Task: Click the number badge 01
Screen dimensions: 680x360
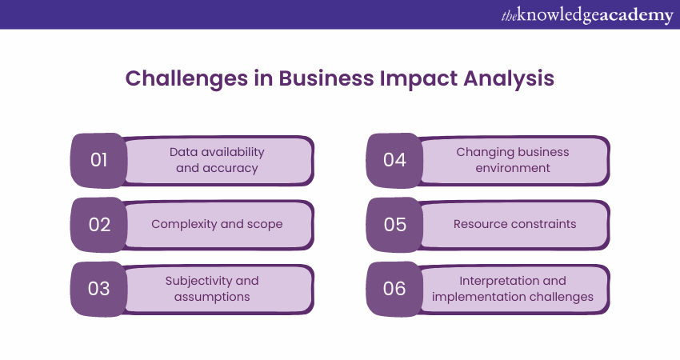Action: [99, 161]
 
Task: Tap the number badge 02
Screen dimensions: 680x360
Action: [99, 225]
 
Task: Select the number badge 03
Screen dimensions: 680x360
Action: [99, 289]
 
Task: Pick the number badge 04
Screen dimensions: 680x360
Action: [394, 161]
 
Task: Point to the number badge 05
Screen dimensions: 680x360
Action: [394, 225]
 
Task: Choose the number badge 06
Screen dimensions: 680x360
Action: [394, 289]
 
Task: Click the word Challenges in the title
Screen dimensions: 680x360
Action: [186, 79]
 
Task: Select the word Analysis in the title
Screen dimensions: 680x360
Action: [509, 79]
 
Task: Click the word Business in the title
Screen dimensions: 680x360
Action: [326, 78]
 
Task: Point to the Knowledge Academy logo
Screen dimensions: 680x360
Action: [587, 15]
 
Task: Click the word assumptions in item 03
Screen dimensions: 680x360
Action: [212, 297]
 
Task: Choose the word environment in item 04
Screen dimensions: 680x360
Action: [513, 168]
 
